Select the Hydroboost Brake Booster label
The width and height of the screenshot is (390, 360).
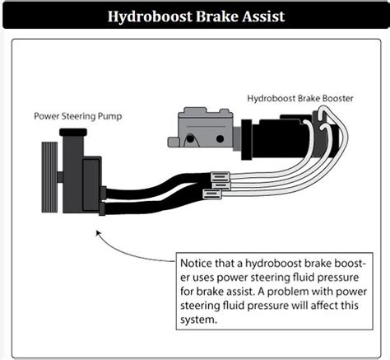click(x=301, y=99)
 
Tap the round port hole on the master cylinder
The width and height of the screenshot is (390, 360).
click(x=191, y=135)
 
